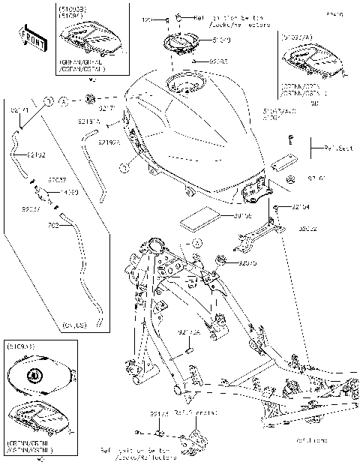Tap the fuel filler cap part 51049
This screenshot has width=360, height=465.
point(180,42)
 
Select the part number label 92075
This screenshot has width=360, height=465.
point(248,263)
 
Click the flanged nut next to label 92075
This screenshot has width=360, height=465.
point(223,260)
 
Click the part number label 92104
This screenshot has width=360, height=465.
point(301,206)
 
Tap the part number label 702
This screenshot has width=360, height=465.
point(53,224)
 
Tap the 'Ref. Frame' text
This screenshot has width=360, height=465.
point(312,440)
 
